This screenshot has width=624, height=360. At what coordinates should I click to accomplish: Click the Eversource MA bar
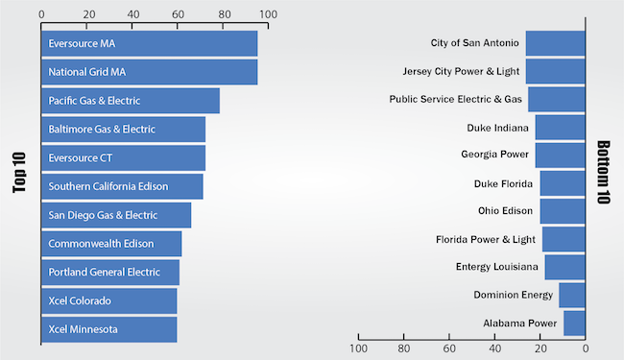point(149,43)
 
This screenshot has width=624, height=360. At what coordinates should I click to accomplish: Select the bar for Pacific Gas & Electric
point(131,101)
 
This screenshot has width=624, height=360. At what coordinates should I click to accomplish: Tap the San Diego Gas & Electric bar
point(116,215)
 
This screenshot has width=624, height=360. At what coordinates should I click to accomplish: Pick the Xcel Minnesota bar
point(109,329)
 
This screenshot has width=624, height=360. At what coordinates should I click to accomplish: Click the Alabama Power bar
point(574,324)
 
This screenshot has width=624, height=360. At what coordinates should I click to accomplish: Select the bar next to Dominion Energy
point(572,295)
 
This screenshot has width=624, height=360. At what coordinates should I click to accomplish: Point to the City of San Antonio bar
point(555,43)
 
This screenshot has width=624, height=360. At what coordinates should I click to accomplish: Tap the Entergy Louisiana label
point(497,267)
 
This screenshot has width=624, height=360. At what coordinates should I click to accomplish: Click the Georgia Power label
point(494,155)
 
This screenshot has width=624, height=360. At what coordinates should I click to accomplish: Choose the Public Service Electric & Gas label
point(455,99)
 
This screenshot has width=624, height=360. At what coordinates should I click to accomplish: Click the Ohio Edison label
point(505,211)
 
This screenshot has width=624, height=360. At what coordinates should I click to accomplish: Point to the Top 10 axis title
point(19,173)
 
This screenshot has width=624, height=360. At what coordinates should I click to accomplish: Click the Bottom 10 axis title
point(603,172)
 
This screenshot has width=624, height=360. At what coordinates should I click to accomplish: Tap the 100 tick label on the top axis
point(268,14)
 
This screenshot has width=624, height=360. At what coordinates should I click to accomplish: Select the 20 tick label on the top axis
point(89,14)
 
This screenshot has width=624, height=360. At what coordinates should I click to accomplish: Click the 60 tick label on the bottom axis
point(449,348)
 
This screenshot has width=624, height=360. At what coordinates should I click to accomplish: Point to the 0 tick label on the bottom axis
point(585,348)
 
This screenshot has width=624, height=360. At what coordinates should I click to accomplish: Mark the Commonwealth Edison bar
point(111,244)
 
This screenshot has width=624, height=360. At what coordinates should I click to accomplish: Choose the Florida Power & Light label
point(486,239)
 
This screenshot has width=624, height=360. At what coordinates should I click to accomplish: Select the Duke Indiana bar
point(560,128)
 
